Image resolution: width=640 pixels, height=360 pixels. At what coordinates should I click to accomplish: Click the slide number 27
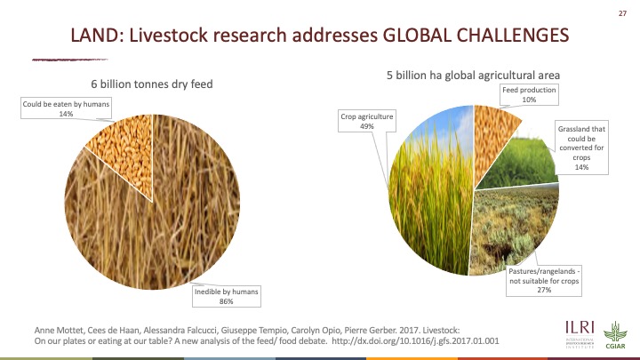[x=622, y=13]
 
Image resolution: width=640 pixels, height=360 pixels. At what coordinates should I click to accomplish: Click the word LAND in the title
[x=94, y=35]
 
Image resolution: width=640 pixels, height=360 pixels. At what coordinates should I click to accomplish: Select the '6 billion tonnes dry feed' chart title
[x=152, y=84]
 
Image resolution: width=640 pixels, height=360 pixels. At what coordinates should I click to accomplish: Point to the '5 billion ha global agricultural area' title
[x=473, y=75]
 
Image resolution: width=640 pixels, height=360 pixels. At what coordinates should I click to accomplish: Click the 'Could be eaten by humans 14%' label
[x=66, y=108]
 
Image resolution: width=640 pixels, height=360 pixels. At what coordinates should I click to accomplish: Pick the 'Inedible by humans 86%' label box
[x=227, y=296]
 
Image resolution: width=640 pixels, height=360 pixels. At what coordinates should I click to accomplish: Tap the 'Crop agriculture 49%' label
[x=367, y=121]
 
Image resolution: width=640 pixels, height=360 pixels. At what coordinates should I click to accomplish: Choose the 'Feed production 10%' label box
[x=529, y=95]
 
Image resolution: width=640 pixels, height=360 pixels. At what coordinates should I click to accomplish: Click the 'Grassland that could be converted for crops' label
[x=581, y=148]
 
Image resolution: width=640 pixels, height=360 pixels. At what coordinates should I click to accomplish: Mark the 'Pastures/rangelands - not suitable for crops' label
[x=544, y=280]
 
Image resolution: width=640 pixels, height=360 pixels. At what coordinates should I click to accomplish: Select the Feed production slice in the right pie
[x=492, y=139]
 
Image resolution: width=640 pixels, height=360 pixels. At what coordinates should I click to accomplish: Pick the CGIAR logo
[x=615, y=335]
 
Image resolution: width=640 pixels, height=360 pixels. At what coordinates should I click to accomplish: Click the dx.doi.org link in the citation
[x=415, y=340]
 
